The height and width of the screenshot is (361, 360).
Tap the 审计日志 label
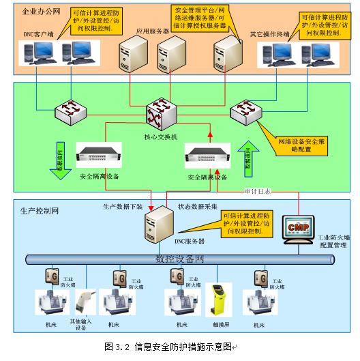[x=258, y=192]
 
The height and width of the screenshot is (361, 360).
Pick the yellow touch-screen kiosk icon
[x=220, y=299]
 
